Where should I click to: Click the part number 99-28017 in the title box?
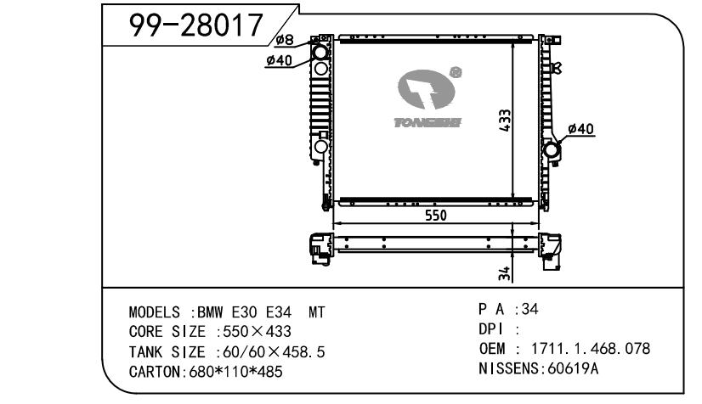pos(195,25)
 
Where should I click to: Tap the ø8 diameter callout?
pos(285,40)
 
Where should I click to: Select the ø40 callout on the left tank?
pos(279,60)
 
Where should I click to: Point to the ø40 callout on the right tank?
pos(580,129)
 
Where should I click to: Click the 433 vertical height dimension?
pos(505,121)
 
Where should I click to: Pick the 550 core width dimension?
pos(436,216)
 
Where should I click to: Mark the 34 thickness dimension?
pos(504,273)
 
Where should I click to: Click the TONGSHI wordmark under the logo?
pos(427,122)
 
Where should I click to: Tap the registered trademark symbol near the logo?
pos(456,72)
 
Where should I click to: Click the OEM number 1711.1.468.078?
pos(591,348)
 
